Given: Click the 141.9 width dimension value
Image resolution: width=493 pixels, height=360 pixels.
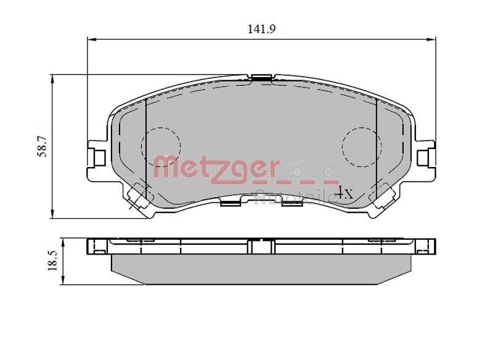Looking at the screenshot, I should (261, 28).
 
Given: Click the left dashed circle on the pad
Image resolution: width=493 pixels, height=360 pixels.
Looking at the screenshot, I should (161, 147).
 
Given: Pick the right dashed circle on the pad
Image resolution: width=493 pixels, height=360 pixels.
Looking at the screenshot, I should (362, 147).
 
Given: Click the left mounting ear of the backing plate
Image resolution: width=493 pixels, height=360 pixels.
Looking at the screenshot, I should (97, 157).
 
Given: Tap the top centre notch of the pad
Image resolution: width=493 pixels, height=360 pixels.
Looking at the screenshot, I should (262, 78).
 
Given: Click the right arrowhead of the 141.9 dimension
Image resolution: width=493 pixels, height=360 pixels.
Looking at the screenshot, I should (432, 40).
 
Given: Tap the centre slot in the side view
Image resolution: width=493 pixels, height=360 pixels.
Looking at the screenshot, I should (261, 247).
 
